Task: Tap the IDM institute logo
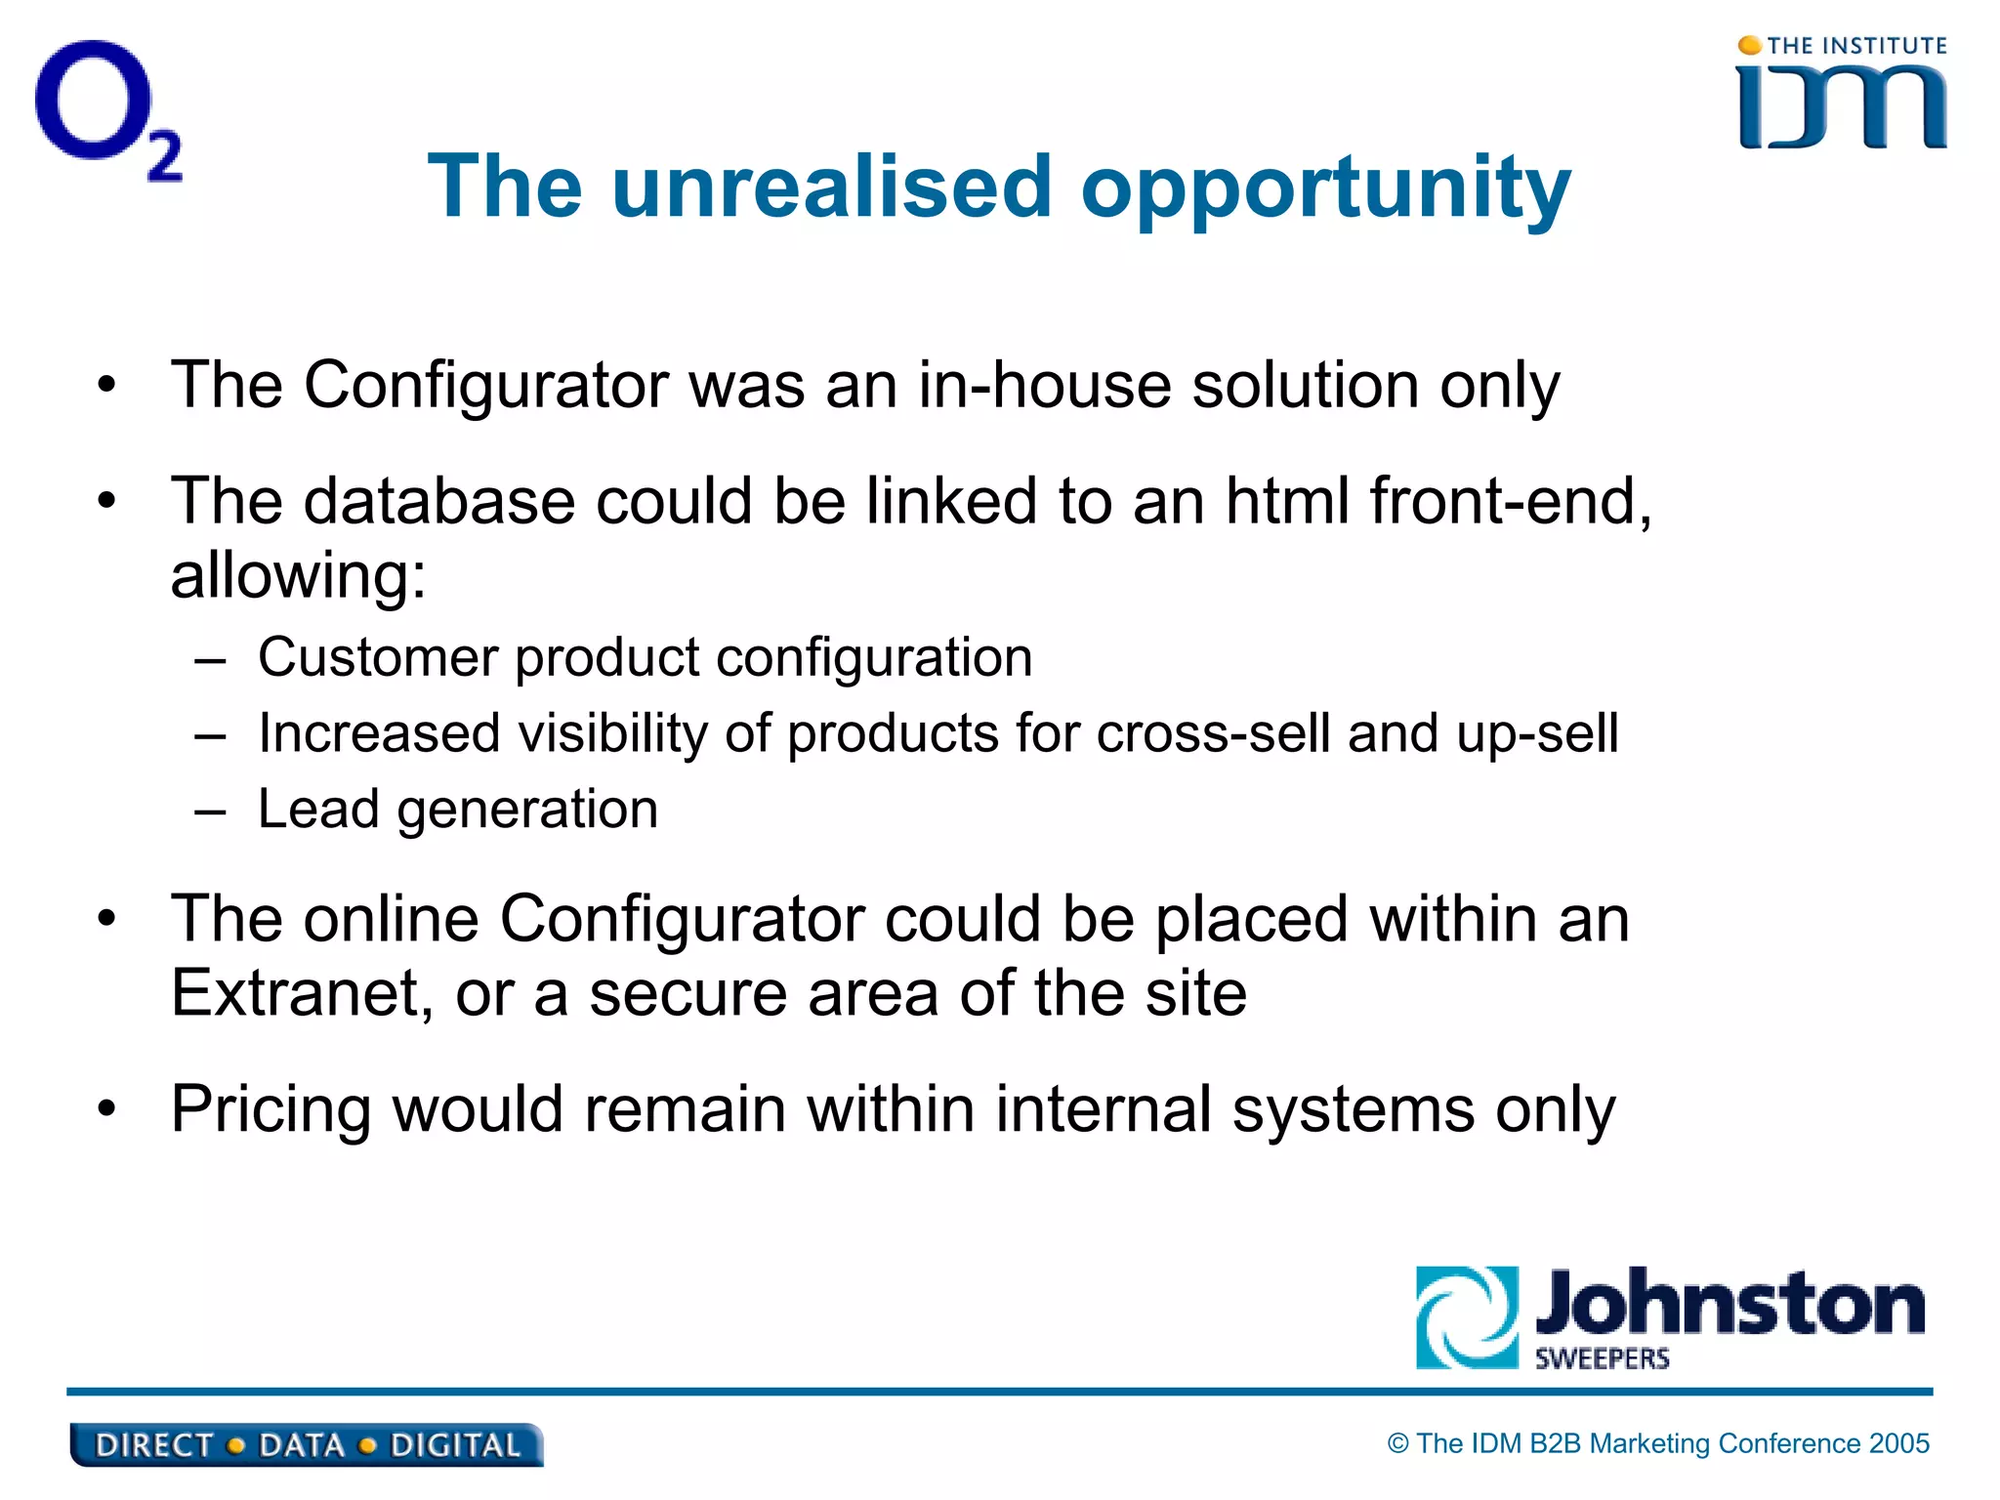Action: [x=1842, y=96]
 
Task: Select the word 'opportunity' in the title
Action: [x=1325, y=190]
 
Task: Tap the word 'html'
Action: [x=1286, y=501]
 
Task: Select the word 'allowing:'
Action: [x=299, y=576]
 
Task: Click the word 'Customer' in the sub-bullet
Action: [x=378, y=657]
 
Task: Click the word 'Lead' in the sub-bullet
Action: [x=318, y=810]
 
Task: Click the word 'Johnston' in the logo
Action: [x=1729, y=1304]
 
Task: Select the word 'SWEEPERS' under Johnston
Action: [x=1602, y=1358]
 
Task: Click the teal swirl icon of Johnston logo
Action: [x=1467, y=1317]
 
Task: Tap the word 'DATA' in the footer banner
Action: [x=302, y=1445]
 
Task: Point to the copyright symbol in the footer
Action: [x=1398, y=1443]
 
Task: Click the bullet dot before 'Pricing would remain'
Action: [x=106, y=1109]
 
